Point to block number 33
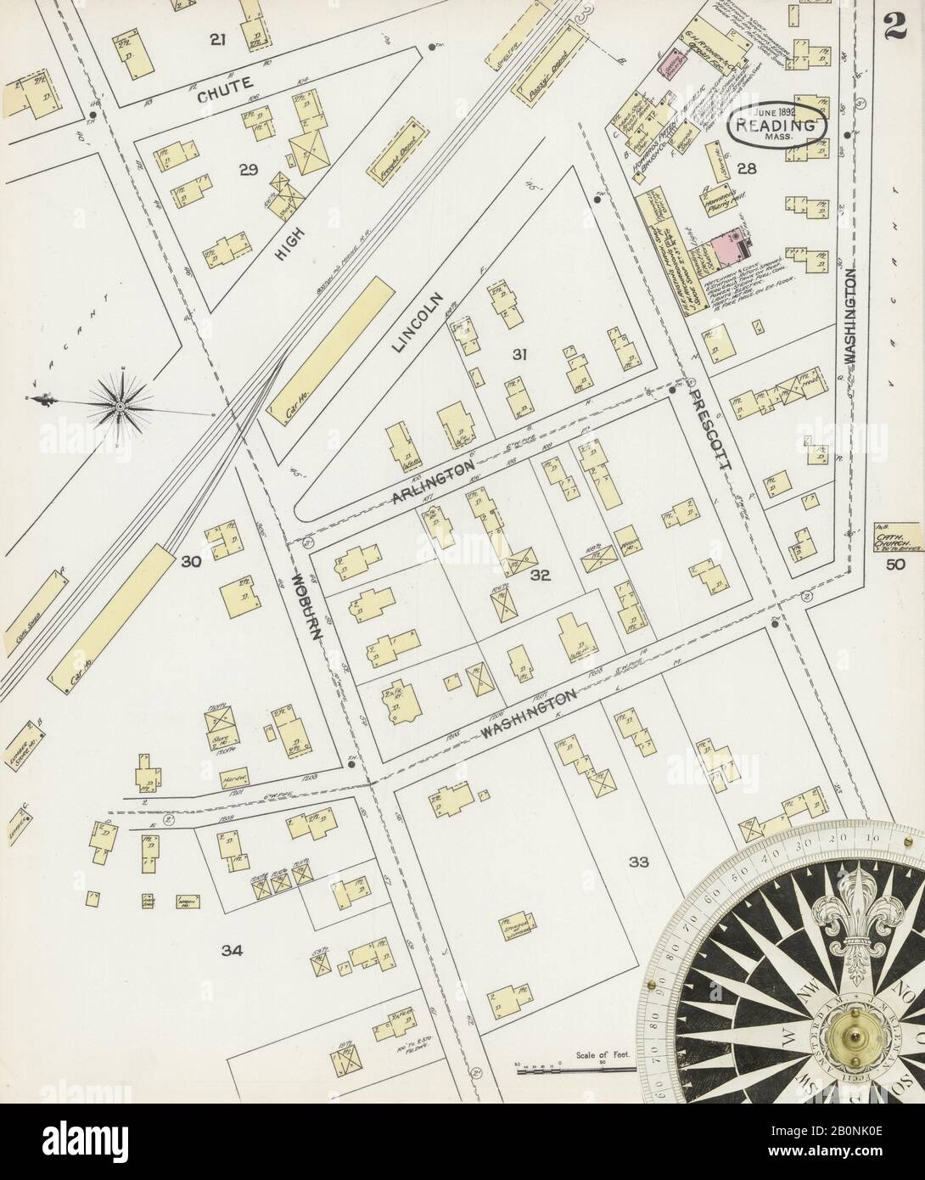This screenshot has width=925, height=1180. coord(638,863)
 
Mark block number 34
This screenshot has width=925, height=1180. coord(232,951)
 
